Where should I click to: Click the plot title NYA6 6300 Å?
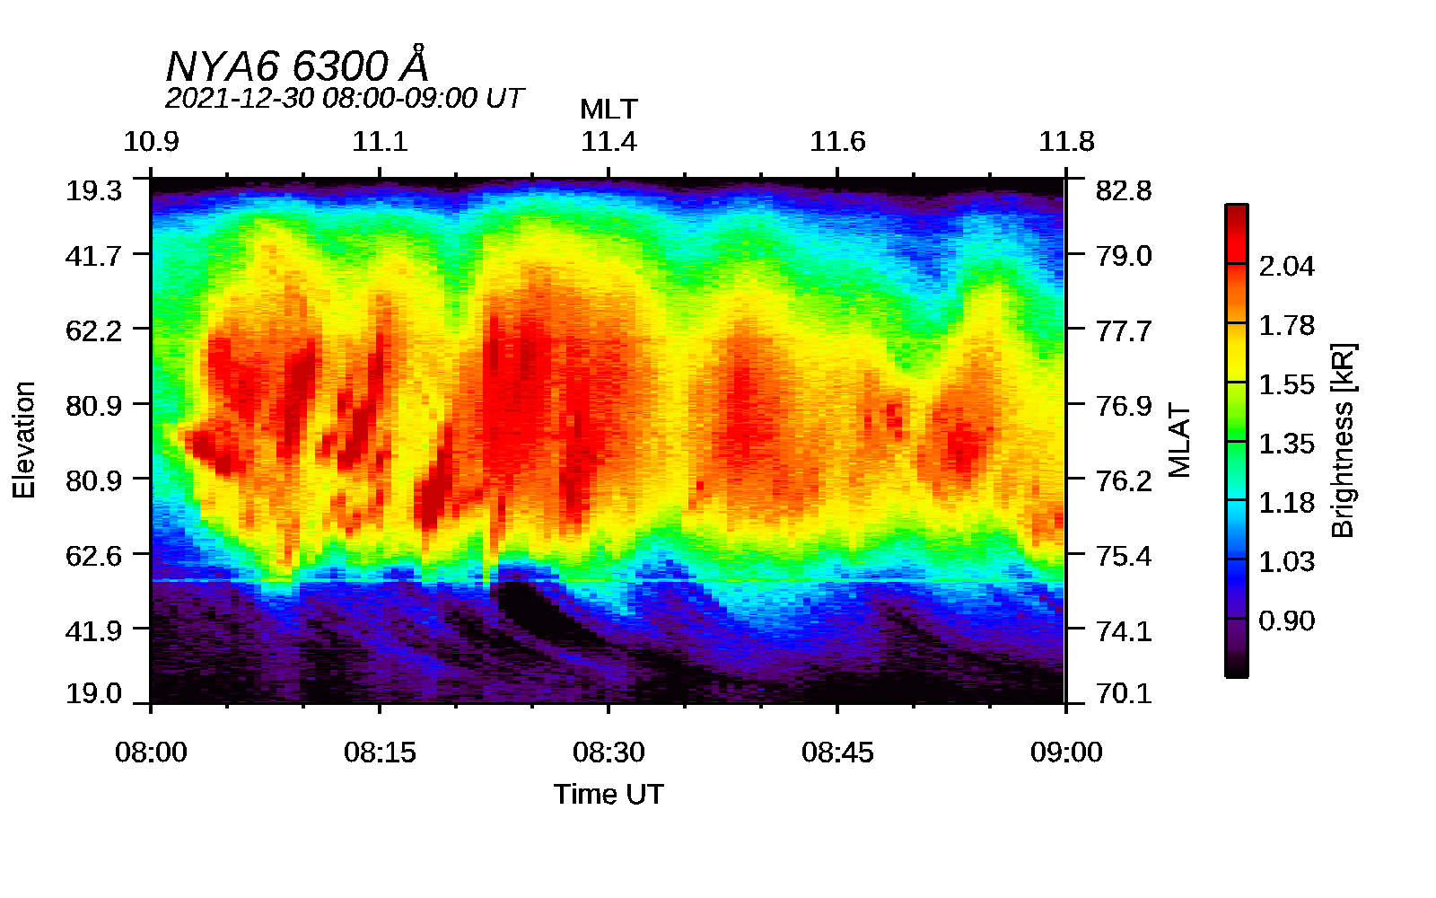tap(297, 66)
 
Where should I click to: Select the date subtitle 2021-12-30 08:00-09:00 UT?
tap(343, 98)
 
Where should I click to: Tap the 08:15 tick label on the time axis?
tap(380, 753)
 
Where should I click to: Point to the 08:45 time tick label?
tap(837, 753)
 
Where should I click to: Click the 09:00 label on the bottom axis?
tap(1066, 753)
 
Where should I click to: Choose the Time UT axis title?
tap(609, 794)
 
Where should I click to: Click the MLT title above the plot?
tap(609, 110)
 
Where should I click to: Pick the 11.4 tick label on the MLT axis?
tap(609, 142)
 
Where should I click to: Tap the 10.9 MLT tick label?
tap(151, 142)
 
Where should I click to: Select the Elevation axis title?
tap(24, 440)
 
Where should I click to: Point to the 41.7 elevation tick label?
tap(93, 256)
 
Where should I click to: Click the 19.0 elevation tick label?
tap(93, 693)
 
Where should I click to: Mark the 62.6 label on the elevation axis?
tap(93, 556)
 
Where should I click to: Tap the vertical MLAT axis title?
tap(1179, 440)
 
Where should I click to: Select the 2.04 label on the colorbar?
tap(1286, 266)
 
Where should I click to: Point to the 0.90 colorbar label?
tap(1286, 621)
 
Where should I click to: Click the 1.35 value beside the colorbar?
tap(1286, 444)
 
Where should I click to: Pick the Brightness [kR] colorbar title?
tap(1343, 440)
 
